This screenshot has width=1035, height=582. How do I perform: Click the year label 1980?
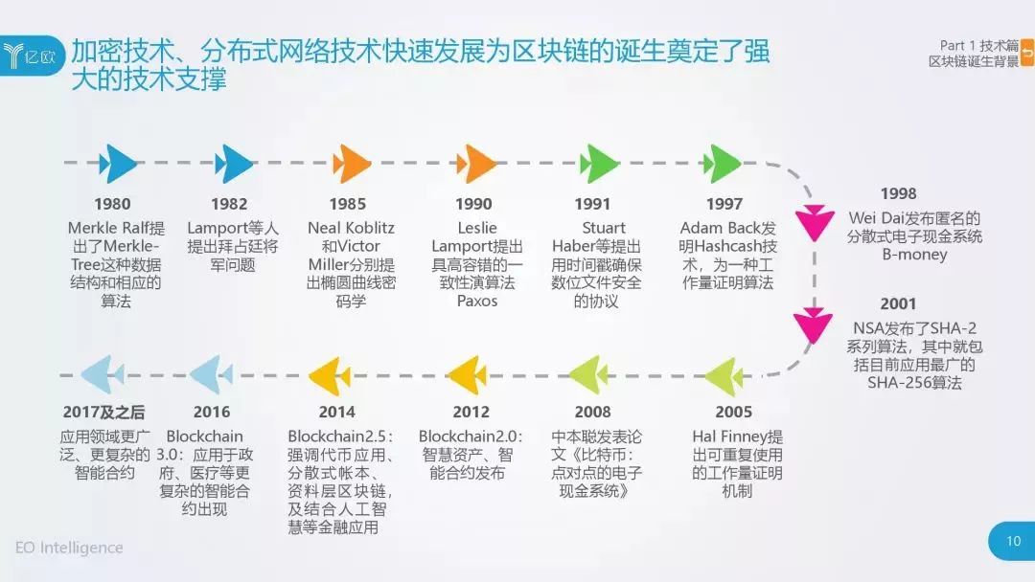(112, 204)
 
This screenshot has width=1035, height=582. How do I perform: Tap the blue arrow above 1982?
(234, 164)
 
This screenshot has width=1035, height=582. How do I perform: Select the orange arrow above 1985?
(351, 164)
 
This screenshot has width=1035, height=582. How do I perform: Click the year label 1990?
(473, 204)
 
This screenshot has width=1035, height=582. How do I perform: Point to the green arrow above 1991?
(599, 164)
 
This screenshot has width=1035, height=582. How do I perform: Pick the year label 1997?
(724, 204)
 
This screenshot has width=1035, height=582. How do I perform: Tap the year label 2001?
(898, 303)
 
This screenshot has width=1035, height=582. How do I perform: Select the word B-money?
(914, 255)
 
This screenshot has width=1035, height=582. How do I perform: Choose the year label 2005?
(733, 412)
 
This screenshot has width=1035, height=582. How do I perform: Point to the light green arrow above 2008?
(588, 375)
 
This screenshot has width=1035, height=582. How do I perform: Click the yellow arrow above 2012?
(467, 375)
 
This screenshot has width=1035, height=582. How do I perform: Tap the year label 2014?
(336, 412)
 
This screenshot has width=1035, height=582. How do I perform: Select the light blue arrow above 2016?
(211, 375)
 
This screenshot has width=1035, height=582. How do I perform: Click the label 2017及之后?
(103, 412)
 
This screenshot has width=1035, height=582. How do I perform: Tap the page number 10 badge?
(1013, 541)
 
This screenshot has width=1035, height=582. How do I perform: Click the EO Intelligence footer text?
(69, 548)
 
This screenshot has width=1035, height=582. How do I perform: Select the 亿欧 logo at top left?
(31, 56)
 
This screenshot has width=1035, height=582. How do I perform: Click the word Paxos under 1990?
(477, 302)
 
